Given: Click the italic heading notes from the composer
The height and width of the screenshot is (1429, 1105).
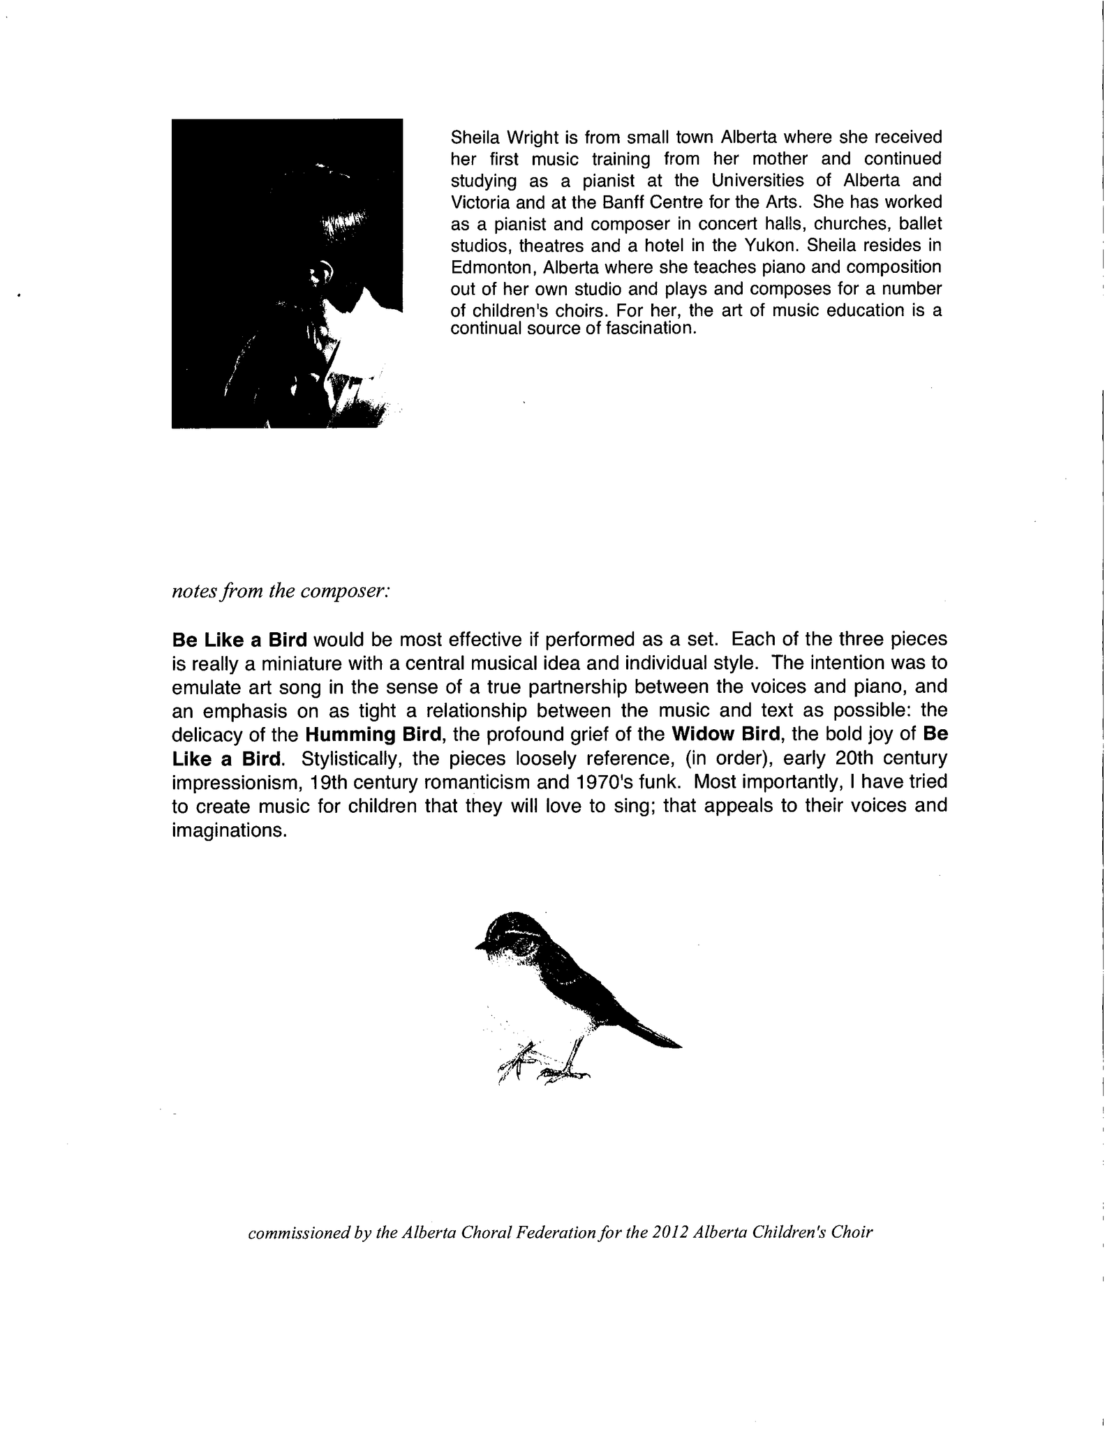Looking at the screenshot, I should click(x=280, y=591).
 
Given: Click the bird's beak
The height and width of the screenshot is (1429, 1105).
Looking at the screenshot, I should click(x=480, y=945).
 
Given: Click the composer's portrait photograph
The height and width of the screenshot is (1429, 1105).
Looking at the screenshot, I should click(x=287, y=274).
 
